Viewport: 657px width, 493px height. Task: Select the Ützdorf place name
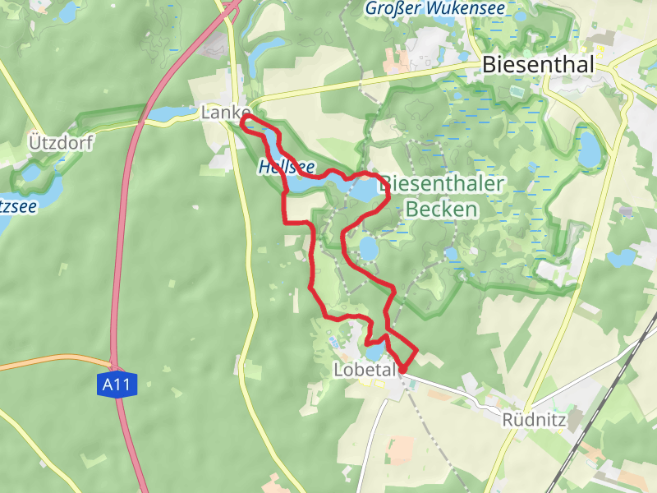coord(61,142)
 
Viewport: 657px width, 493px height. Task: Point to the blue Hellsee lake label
coord(286,166)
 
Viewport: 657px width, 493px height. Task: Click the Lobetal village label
coord(365,370)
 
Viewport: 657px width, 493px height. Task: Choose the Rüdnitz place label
coord(535,420)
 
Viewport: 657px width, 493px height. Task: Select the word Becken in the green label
coord(441,210)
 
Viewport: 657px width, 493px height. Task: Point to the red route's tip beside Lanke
coord(244,121)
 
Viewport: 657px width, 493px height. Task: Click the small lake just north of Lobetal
coord(374,352)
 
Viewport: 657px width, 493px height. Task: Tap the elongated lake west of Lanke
coord(168,113)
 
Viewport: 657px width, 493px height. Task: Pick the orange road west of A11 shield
coord(49,362)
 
